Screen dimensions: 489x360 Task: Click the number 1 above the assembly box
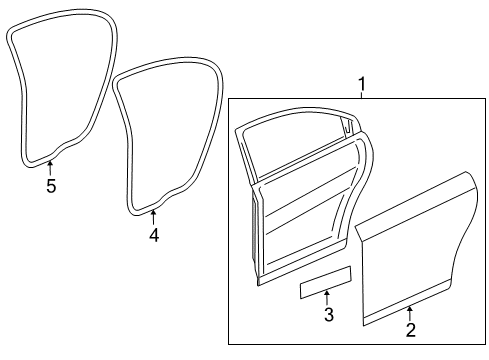tap(362, 84)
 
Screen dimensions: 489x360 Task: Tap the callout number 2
tap(410, 329)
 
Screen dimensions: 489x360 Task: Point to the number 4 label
tap(153, 235)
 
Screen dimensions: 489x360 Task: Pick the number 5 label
tap(51, 185)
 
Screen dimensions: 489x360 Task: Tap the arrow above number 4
tap(153, 218)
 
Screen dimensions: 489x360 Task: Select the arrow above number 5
tap(51, 168)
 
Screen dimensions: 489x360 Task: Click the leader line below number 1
tap(362, 96)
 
